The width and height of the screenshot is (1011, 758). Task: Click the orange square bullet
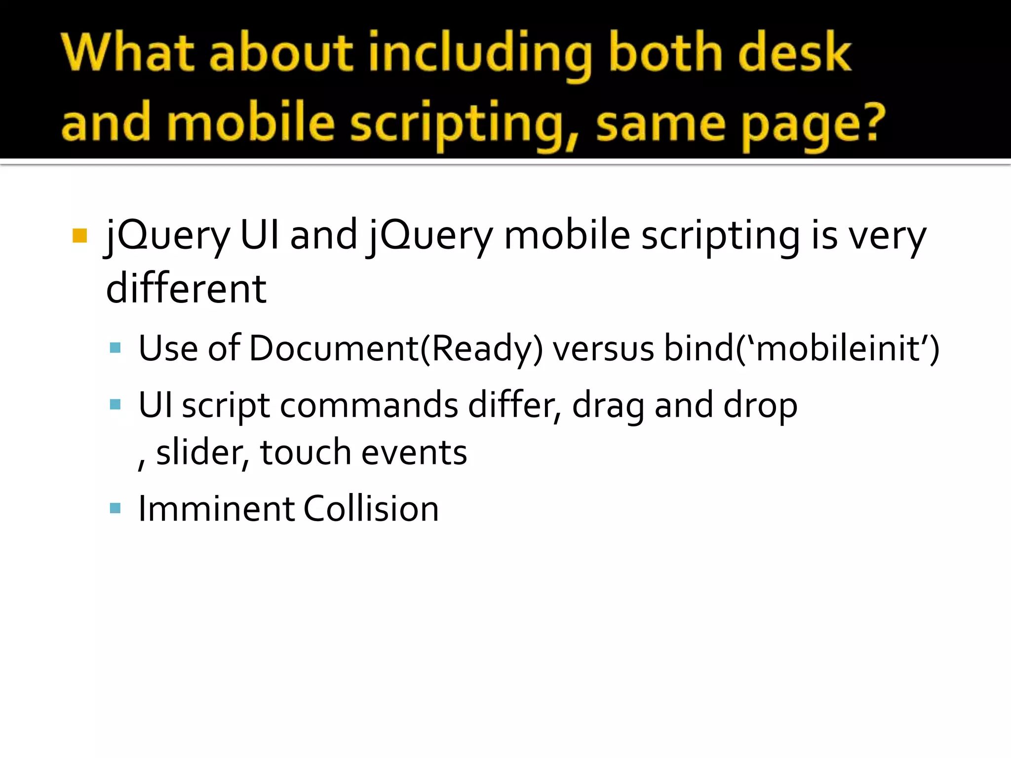79,236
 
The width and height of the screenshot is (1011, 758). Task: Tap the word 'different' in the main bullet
186,289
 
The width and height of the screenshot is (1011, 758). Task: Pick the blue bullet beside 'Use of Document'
116,348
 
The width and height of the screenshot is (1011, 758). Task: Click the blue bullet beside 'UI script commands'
116,405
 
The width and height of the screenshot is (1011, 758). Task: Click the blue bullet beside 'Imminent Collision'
116,508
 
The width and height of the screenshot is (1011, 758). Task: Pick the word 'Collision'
371,509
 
